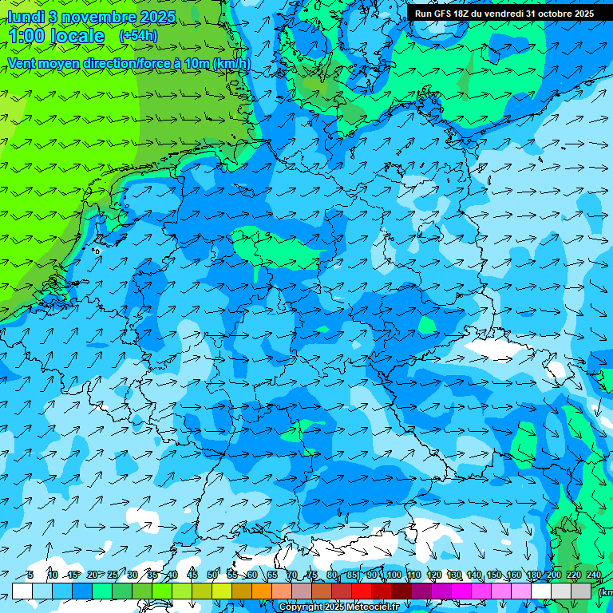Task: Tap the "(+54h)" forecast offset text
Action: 138,36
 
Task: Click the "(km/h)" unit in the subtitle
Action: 230,63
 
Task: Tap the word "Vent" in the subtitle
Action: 22,63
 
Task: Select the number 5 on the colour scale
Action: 30,575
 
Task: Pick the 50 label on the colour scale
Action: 212,575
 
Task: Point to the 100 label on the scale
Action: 393,575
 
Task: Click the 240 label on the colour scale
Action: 593,575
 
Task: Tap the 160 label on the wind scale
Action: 513,575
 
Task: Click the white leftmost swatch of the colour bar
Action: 22,591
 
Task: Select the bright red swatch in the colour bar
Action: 362,591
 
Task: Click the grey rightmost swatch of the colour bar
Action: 581,591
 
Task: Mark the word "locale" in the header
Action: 77,37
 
